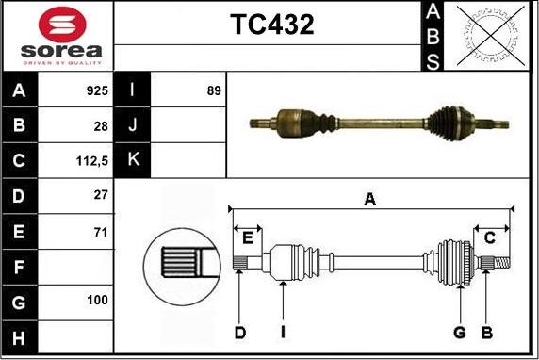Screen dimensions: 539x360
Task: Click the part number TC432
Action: click(x=272, y=25)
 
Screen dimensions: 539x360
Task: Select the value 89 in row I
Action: click(x=213, y=91)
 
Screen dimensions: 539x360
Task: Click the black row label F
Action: click(x=20, y=267)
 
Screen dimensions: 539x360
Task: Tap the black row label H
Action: click(x=20, y=336)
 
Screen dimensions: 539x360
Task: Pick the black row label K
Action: click(x=133, y=160)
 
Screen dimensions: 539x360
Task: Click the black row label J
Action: click(x=133, y=125)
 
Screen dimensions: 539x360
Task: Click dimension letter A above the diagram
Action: click(x=370, y=198)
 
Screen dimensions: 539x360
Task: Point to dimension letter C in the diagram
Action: click(x=490, y=238)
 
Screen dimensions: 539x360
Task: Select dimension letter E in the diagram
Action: click(x=249, y=237)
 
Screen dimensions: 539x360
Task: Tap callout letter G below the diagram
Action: click(x=460, y=332)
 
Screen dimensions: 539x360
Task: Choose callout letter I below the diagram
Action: click(x=283, y=332)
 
